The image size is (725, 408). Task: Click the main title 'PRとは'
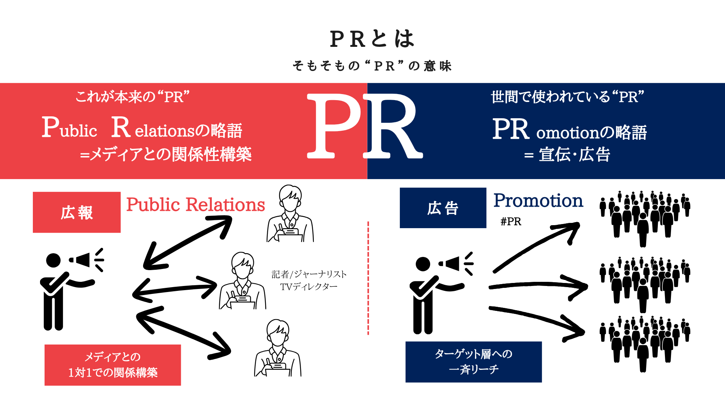tap(372, 39)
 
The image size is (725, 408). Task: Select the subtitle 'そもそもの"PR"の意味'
tap(372, 66)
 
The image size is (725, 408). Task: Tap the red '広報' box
tap(77, 212)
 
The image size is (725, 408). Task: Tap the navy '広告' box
tap(443, 208)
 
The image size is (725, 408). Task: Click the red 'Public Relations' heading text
tap(195, 205)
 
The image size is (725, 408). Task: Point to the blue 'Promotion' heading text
tap(538, 201)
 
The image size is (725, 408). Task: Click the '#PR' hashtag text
tap(511, 221)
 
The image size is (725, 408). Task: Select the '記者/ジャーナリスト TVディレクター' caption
tap(309, 280)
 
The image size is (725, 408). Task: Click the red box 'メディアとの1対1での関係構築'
tap(113, 365)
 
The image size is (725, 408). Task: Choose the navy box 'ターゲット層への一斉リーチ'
tap(474, 362)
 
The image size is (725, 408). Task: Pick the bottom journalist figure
tap(278, 348)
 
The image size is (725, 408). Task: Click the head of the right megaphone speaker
tap(423, 264)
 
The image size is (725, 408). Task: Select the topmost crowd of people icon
tap(645, 217)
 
